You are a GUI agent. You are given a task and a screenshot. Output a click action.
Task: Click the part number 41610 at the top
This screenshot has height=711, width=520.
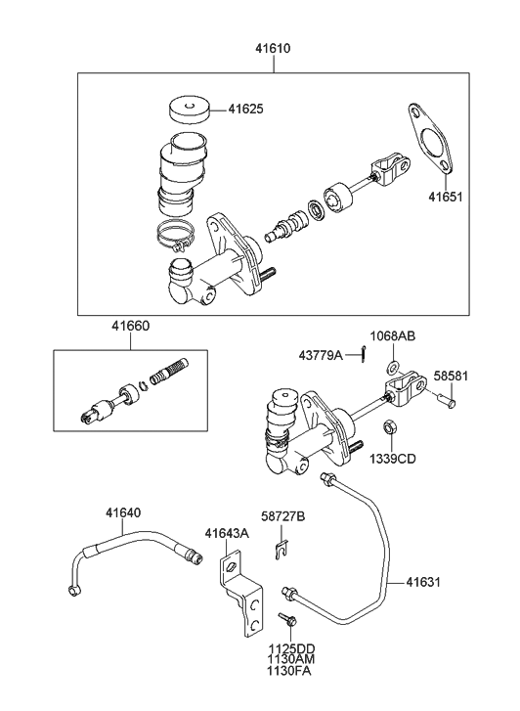[273, 46]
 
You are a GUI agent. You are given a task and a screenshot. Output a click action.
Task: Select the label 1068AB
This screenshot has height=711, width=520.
[392, 336]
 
